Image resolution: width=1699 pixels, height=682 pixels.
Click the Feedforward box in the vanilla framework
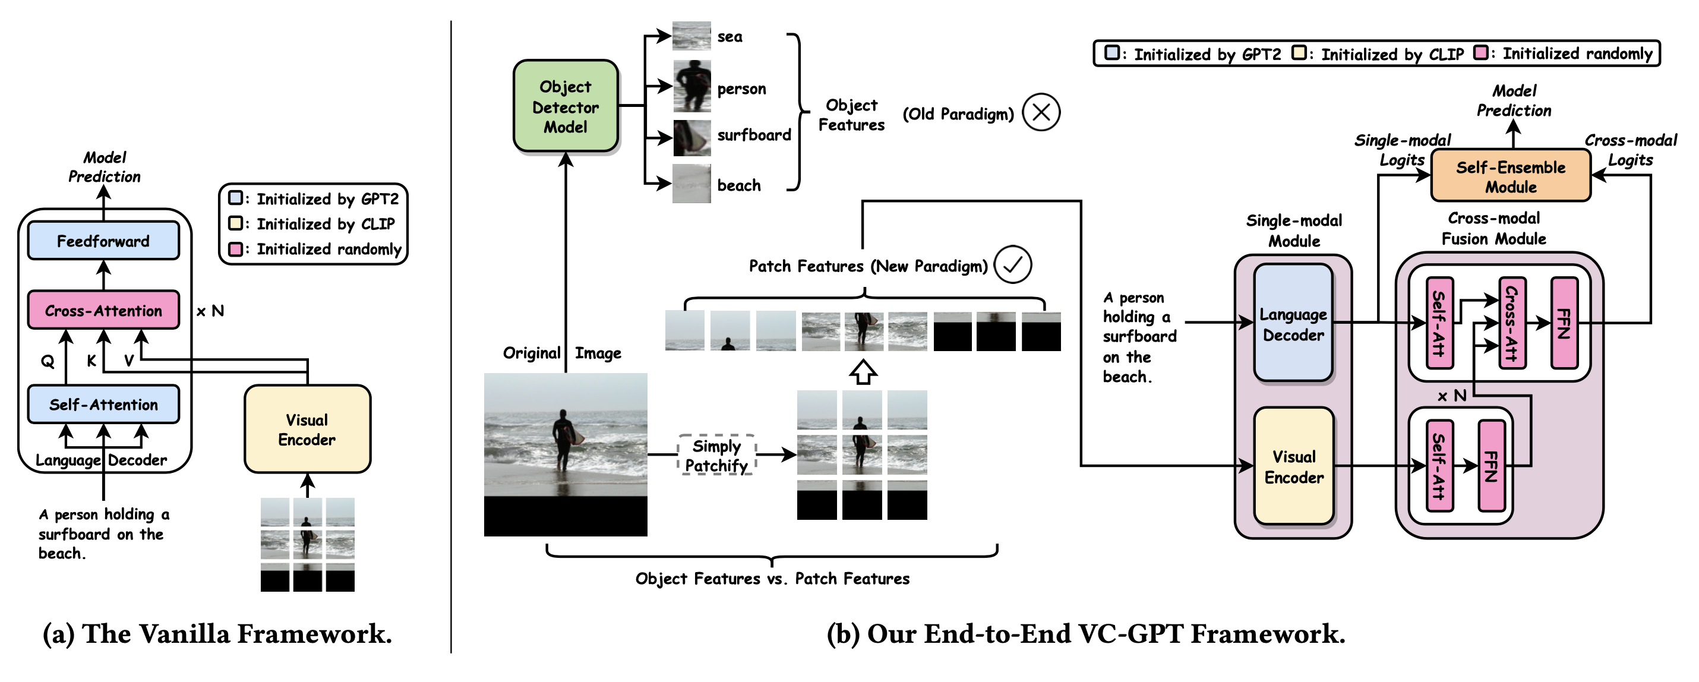coord(103,241)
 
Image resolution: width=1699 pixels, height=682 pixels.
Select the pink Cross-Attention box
coord(103,310)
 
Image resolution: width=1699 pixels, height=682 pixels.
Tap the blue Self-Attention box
coord(103,405)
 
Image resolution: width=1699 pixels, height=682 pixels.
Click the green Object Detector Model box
coord(565,106)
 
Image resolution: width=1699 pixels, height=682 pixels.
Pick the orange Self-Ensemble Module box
coord(1510,176)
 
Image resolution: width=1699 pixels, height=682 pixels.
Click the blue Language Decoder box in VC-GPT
coord(1293,323)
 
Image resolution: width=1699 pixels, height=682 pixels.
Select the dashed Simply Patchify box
coord(716,455)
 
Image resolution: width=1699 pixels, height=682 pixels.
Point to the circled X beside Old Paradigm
coord(1041,112)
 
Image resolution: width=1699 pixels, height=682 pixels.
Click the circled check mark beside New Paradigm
coord(1012,264)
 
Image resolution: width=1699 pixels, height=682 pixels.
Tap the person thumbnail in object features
coord(692,86)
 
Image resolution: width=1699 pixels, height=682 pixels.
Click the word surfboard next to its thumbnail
coord(754,135)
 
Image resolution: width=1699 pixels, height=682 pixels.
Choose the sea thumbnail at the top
coord(691,36)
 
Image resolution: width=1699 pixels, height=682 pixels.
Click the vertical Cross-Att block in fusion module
coord(1512,323)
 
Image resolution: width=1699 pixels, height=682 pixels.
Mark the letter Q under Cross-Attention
coord(48,361)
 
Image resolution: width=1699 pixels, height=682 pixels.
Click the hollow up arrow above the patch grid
coord(863,372)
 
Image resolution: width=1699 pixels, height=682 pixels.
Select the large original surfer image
coord(565,454)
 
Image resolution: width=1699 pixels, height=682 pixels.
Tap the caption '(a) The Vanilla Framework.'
coord(217,633)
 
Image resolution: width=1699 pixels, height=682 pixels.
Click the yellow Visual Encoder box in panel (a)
coord(307,430)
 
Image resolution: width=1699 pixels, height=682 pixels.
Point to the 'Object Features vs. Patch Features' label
coord(772,579)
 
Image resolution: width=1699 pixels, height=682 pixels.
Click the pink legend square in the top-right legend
coord(1482,53)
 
